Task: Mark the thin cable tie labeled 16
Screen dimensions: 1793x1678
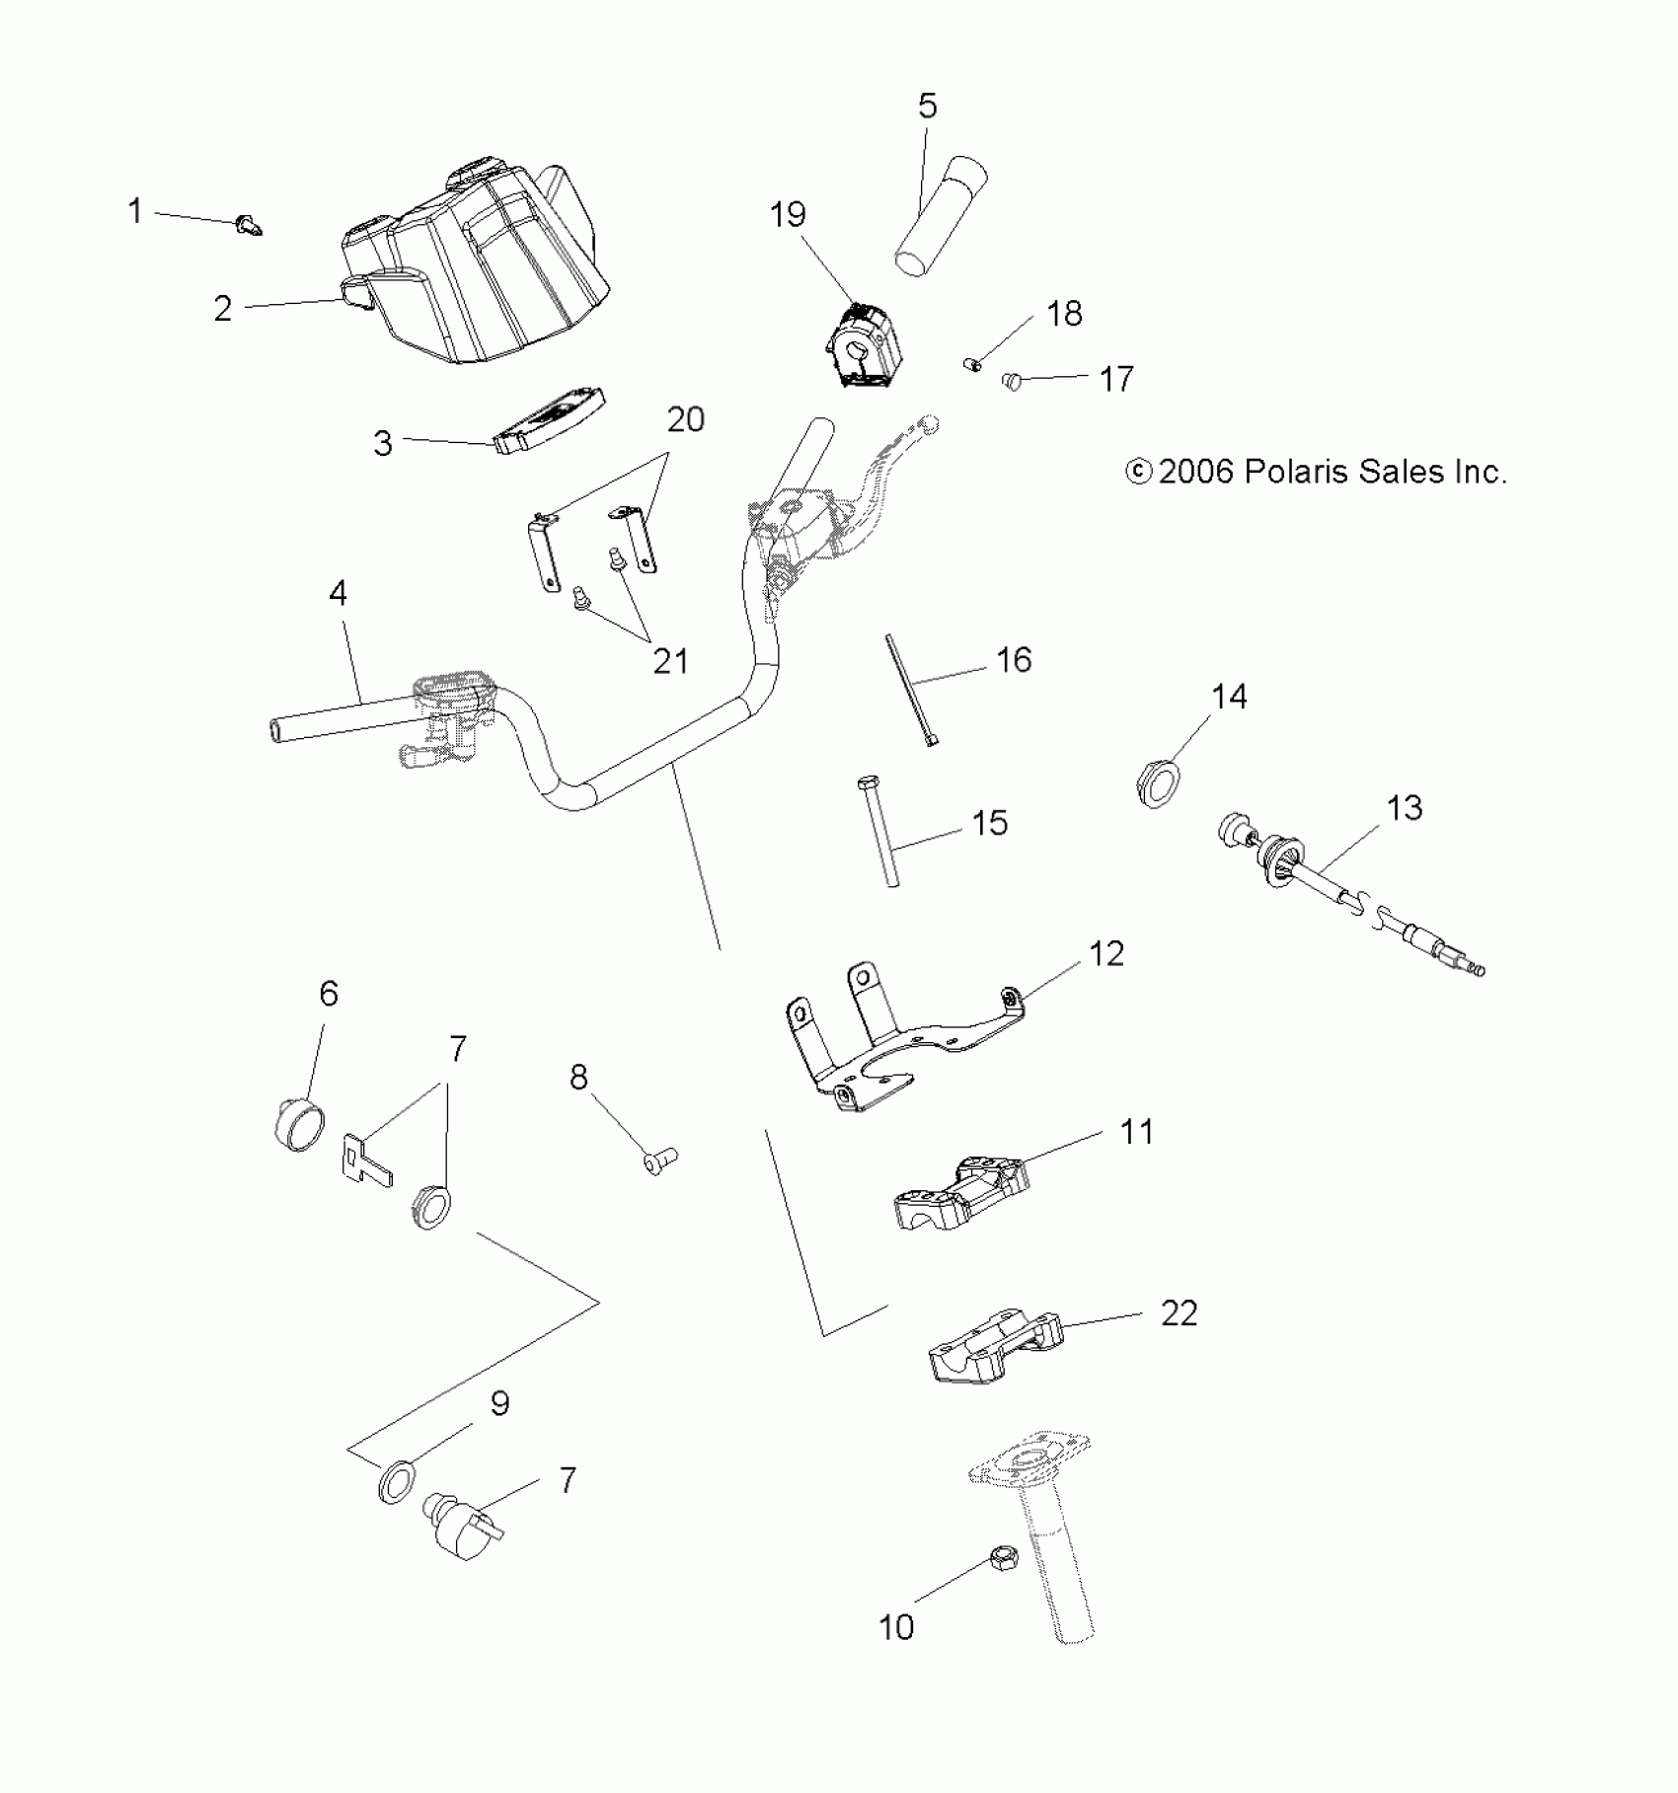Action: [x=912, y=692]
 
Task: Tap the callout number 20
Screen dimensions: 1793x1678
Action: [x=686, y=420]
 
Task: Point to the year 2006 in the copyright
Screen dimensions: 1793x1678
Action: [x=1195, y=472]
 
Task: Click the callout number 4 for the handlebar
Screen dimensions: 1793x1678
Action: [x=338, y=594]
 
